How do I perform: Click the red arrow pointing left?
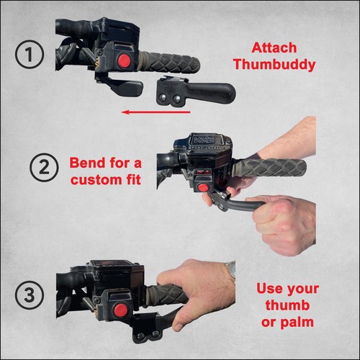tap(156, 112)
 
